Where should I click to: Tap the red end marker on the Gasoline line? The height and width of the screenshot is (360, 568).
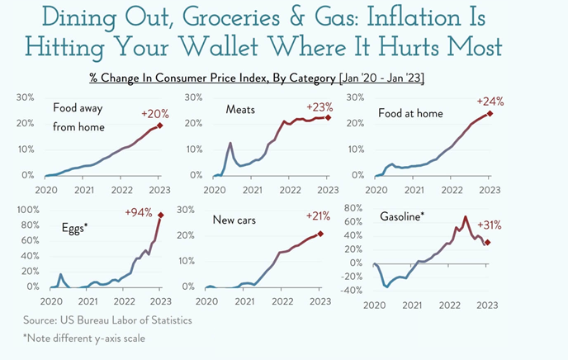[488, 243]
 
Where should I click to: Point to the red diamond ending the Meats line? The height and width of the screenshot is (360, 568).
[328, 118]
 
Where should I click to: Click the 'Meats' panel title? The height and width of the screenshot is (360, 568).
[239, 109]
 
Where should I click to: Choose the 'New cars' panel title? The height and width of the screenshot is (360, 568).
[236, 220]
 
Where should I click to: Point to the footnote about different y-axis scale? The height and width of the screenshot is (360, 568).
[93, 339]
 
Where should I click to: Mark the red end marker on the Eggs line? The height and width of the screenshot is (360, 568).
[160, 216]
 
